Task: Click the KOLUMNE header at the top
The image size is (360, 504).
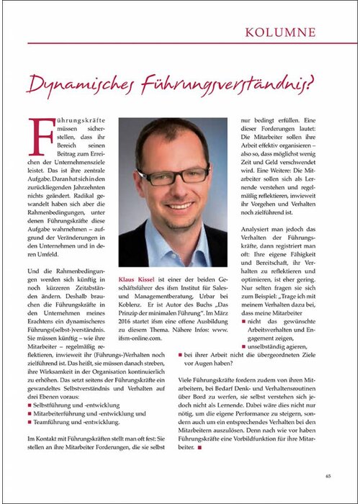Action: click(x=300, y=32)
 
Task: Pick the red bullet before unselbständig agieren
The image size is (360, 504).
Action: click(x=244, y=345)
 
